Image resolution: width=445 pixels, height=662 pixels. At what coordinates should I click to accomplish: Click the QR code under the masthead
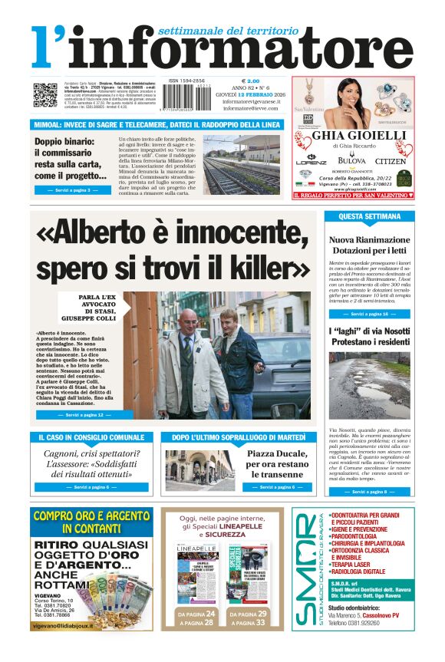(x=45, y=96)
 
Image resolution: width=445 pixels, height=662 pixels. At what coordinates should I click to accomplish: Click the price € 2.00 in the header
(x=250, y=81)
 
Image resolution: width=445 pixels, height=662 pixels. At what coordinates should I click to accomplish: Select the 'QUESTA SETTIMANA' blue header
(x=369, y=217)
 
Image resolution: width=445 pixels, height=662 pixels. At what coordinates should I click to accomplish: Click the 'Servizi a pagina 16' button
(x=369, y=315)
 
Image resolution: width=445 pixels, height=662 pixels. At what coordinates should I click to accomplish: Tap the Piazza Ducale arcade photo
(x=199, y=469)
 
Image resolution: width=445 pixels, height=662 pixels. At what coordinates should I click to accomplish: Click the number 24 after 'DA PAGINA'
(x=209, y=614)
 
